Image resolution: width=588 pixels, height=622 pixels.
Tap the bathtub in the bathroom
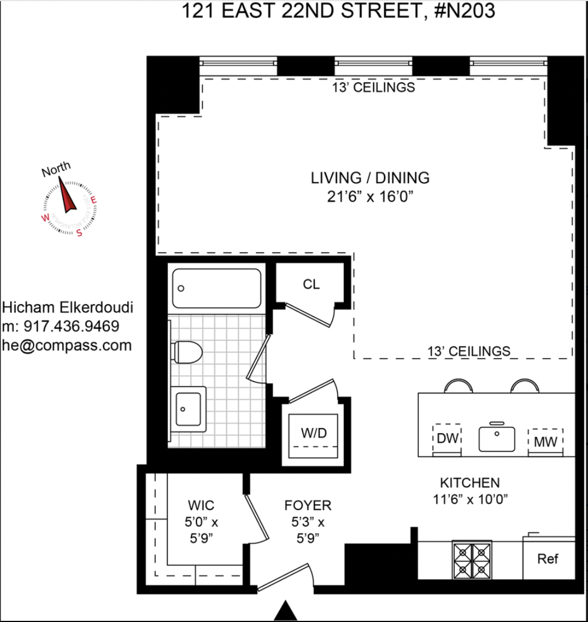(x=216, y=288)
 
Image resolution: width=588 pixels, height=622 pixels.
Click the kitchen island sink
(x=496, y=438)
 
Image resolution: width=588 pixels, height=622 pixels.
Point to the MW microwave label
(x=545, y=442)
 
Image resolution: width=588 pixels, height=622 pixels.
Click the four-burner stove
(x=472, y=560)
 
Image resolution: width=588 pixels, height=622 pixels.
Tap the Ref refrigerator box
(x=548, y=559)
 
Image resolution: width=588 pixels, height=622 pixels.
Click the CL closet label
(x=311, y=284)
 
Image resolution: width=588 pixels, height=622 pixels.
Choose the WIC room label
(x=200, y=505)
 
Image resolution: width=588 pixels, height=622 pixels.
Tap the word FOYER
(x=307, y=505)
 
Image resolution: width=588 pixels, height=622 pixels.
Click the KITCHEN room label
(x=469, y=482)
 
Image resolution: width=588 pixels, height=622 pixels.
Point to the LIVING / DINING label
(x=370, y=178)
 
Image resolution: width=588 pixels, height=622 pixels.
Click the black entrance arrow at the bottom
(x=287, y=611)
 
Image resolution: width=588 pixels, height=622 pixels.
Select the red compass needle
(x=68, y=196)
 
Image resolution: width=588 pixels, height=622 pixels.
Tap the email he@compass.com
(x=67, y=345)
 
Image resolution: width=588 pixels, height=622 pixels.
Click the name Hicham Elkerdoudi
(x=68, y=308)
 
